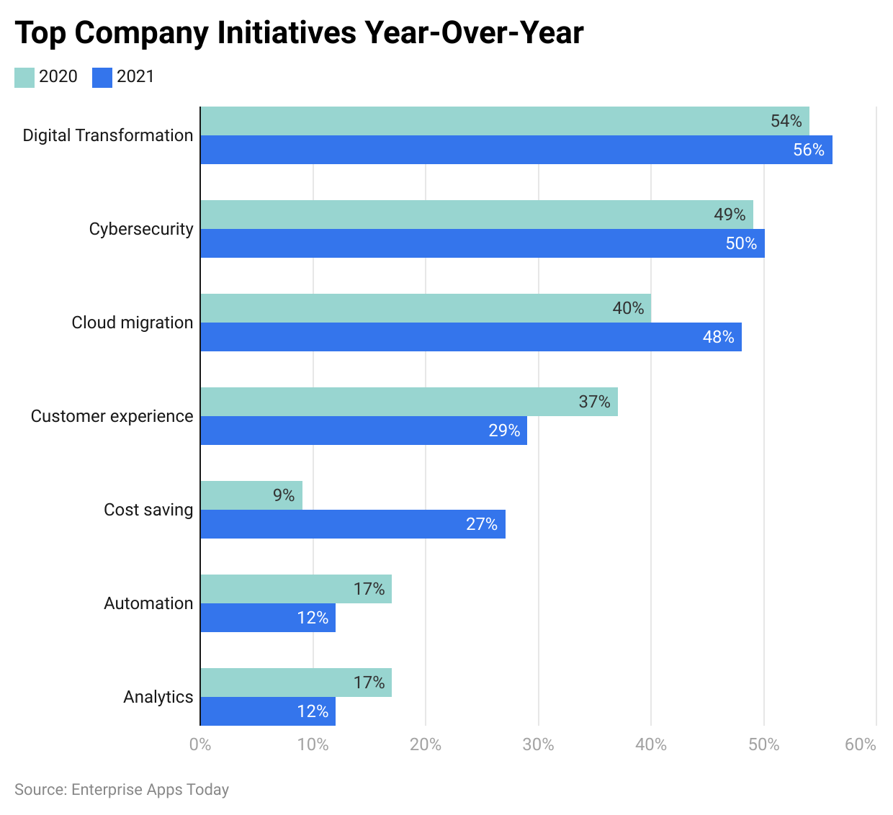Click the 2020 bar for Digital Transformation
(x=504, y=121)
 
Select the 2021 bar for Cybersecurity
(x=482, y=243)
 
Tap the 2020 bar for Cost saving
(x=251, y=495)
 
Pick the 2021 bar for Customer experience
(x=363, y=431)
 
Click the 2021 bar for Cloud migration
(x=470, y=337)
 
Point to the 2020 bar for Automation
(x=295, y=589)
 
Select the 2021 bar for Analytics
(x=267, y=711)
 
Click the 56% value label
(x=809, y=150)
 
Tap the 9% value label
(x=284, y=495)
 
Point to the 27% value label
(x=482, y=524)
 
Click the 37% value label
(x=595, y=402)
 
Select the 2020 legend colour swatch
(x=24, y=77)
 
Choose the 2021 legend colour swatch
(x=102, y=77)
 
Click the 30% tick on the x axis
(x=538, y=744)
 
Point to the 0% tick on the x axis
(x=200, y=744)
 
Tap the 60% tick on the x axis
(x=861, y=744)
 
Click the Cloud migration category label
(x=133, y=323)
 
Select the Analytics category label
(x=158, y=697)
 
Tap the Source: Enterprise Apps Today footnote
(x=122, y=790)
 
